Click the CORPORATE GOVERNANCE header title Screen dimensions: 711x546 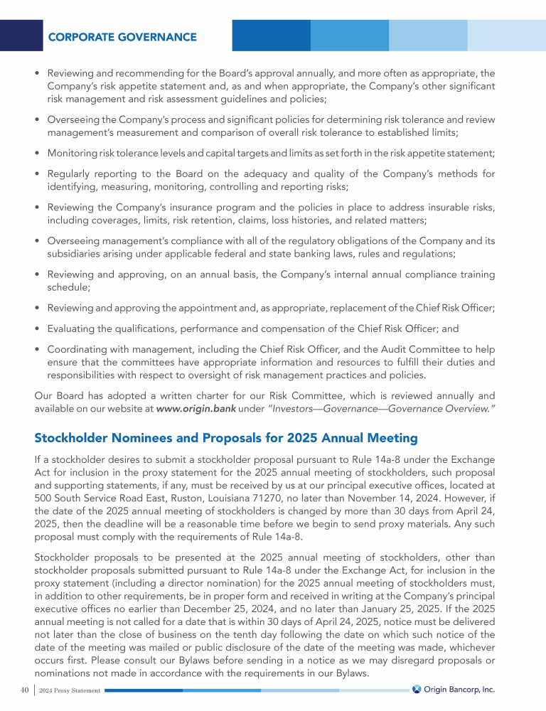pyautogui.click(x=122, y=36)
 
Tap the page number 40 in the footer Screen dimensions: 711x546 pyautogui.click(x=24, y=689)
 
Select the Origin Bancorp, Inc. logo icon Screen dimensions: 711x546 pyautogui.click(x=417, y=688)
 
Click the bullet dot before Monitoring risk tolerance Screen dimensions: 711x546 pyautogui.click(x=37, y=154)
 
